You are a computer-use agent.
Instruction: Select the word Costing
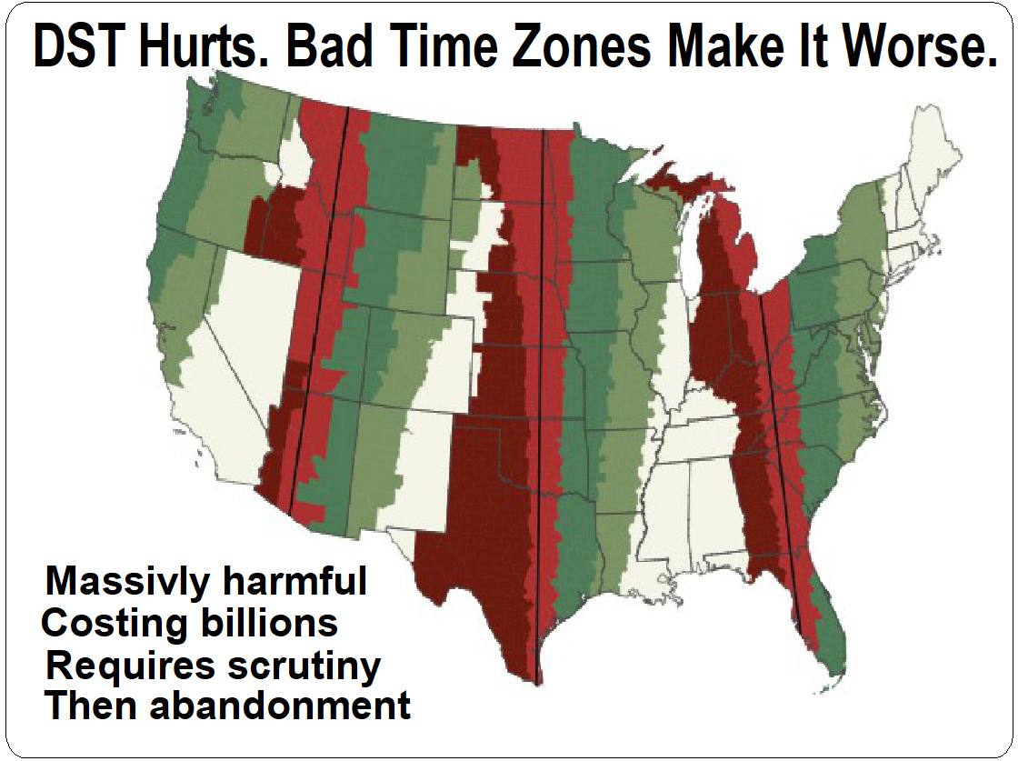click(x=107, y=624)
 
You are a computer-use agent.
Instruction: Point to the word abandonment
click(x=281, y=706)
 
